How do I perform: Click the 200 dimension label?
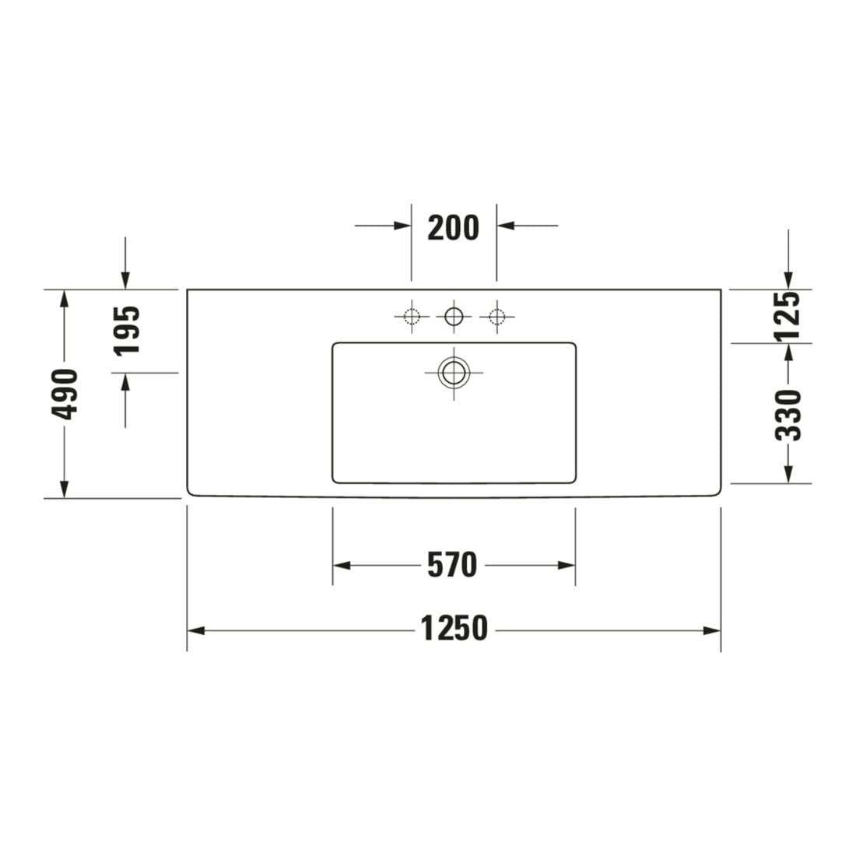(x=453, y=228)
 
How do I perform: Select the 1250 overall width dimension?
(x=454, y=628)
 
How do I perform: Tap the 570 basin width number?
(x=452, y=565)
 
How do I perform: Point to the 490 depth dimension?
(x=65, y=395)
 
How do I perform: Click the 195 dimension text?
(x=127, y=330)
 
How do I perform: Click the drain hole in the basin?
(x=454, y=374)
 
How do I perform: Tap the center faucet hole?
(x=454, y=316)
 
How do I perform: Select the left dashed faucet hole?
(x=412, y=316)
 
